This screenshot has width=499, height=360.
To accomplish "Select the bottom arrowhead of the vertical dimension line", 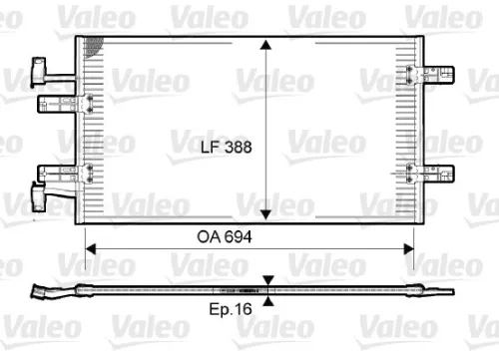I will tap(265, 215).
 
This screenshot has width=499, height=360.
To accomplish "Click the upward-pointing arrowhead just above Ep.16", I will tap(268, 300).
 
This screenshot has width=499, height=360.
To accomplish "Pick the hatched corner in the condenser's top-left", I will tap(95, 45).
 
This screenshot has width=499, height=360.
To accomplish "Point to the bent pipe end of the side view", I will tap(45, 292).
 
